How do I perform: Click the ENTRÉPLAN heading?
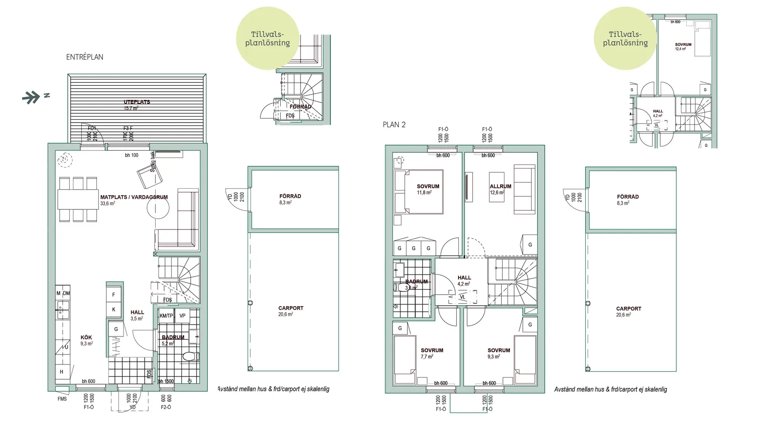click(x=85, y=57)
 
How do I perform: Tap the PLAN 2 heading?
click(x=394, y=124)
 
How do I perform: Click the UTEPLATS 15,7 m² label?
click(x=136, y=105)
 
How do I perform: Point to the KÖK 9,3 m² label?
click(x=86, y=340)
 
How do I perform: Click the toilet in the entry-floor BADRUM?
click(x=189, y=356)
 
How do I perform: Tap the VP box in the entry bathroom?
click(x=182, y=316)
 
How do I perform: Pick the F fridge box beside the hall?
click(x=114, y=295)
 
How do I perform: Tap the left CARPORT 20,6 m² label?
click(x=290, y=311)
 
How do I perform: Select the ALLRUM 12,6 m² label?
click(x=500, y=189)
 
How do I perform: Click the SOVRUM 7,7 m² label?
click(x=431, y=353)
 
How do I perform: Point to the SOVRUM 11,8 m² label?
click(x=427, y=189)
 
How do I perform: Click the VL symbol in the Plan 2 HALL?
click(x=463, y=297)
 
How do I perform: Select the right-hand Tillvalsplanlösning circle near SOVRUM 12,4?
click(x=625, y=39)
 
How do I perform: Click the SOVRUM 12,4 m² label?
click(x=683, y=46)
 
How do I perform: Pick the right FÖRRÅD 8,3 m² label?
click(x=628, y=199)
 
